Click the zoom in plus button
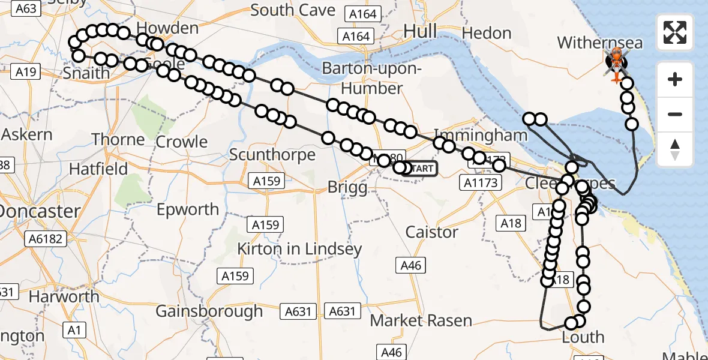(675, 79)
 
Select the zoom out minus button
(675, 114)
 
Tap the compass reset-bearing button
(675, 149)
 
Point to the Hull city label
(420, 31)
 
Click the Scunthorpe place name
(272, 155)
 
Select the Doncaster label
(40, 211)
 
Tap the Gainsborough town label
(209, 311)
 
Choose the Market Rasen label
(421, 321)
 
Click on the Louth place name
(583, 337)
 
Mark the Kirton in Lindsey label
(299, 248)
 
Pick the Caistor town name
(432, 232)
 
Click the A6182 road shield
(45, 239)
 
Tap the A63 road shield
(26, 8)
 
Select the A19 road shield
(26, 73)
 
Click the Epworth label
(187, 209)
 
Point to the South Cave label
(293, 10)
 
